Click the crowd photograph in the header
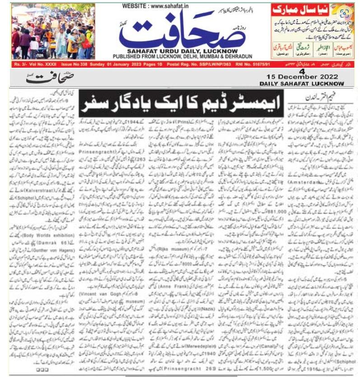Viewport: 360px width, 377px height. coord(53,31)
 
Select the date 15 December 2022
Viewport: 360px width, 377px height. coord(301,77)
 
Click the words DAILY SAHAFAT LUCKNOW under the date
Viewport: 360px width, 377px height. coord(301,84)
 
